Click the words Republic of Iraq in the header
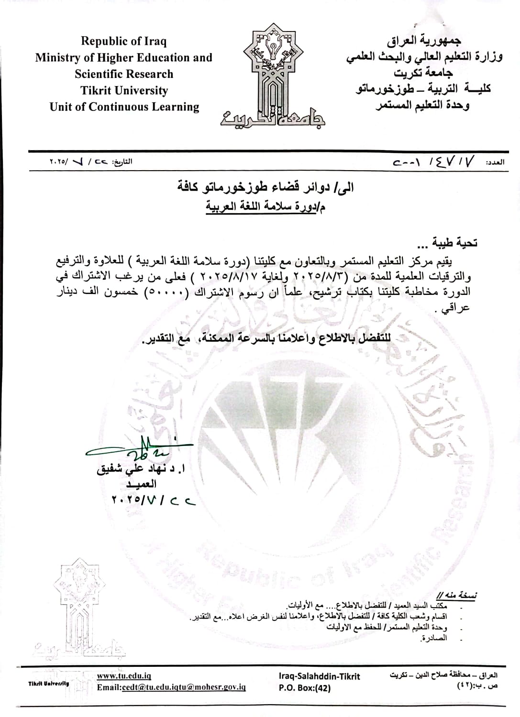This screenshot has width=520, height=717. (x=124, y=41)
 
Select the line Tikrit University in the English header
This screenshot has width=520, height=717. (x=124, y=90)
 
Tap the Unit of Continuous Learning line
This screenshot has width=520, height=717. (x=124, y=107)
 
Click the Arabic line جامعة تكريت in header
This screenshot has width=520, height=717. (x=424, y=73)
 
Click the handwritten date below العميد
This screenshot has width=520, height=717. (x=154, y=500)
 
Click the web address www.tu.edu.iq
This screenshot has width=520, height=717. (x=123, y=676)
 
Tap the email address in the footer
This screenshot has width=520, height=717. (x=171, y=687)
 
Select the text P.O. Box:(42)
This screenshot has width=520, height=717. (x=304, y=688)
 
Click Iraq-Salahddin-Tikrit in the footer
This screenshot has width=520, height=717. (x=319, y=676)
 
